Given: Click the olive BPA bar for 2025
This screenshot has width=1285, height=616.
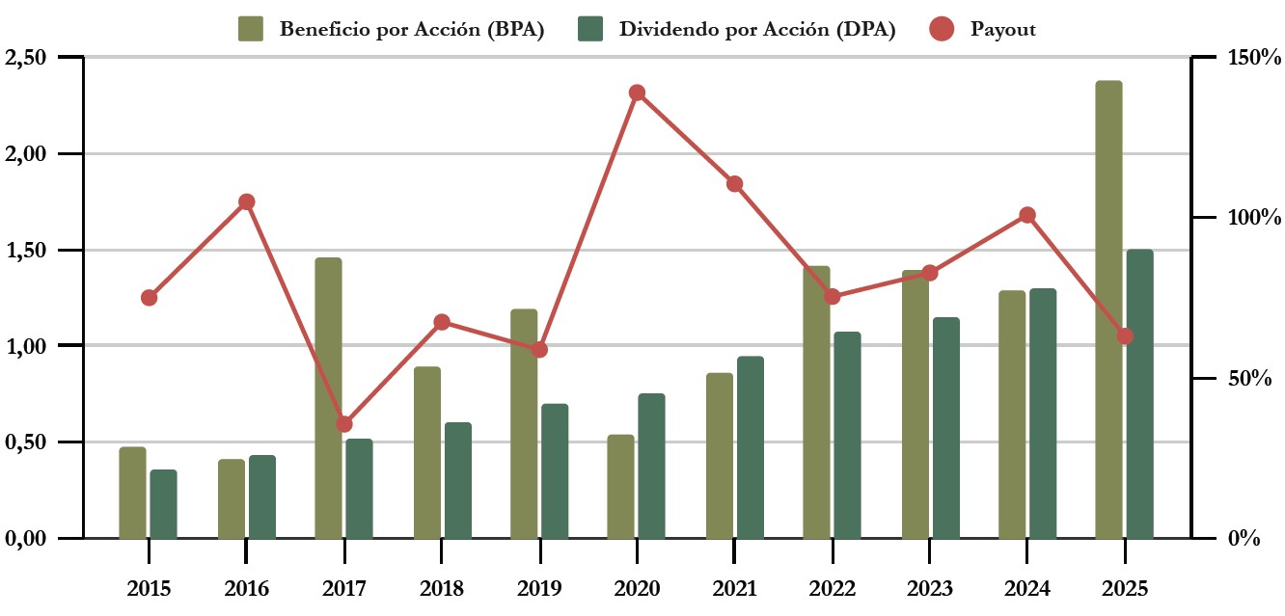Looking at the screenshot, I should tap(1108, 308).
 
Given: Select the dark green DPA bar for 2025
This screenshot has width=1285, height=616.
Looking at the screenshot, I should tap(1139, 393).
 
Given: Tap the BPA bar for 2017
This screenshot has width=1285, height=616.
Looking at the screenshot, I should tap(328, 397).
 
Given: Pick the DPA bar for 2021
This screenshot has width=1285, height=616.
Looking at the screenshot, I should tap(750, 447).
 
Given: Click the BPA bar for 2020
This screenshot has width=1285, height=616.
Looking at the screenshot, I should tap(620, 486).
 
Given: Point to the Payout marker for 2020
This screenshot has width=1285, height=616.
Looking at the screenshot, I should tap(637, 94).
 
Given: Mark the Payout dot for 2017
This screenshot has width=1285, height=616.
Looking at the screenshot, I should tap(344, 424).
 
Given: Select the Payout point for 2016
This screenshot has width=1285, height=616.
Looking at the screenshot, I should tap(246, 201).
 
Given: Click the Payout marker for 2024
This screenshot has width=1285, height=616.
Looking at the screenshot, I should tap(1027, 215).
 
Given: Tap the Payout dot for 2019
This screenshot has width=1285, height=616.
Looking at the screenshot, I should tap(539, 349).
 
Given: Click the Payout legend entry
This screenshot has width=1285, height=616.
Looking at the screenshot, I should tap(1003, 29).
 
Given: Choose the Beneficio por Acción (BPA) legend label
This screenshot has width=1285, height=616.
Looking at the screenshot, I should tap(412, 29).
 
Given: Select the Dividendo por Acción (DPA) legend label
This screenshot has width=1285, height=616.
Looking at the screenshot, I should tap(757, 29).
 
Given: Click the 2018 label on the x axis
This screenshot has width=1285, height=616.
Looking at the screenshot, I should tap(441, 588).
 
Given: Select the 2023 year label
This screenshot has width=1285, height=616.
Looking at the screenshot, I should tap(929, 588).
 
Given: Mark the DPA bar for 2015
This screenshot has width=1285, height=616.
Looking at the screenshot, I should tap(163, 503).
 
